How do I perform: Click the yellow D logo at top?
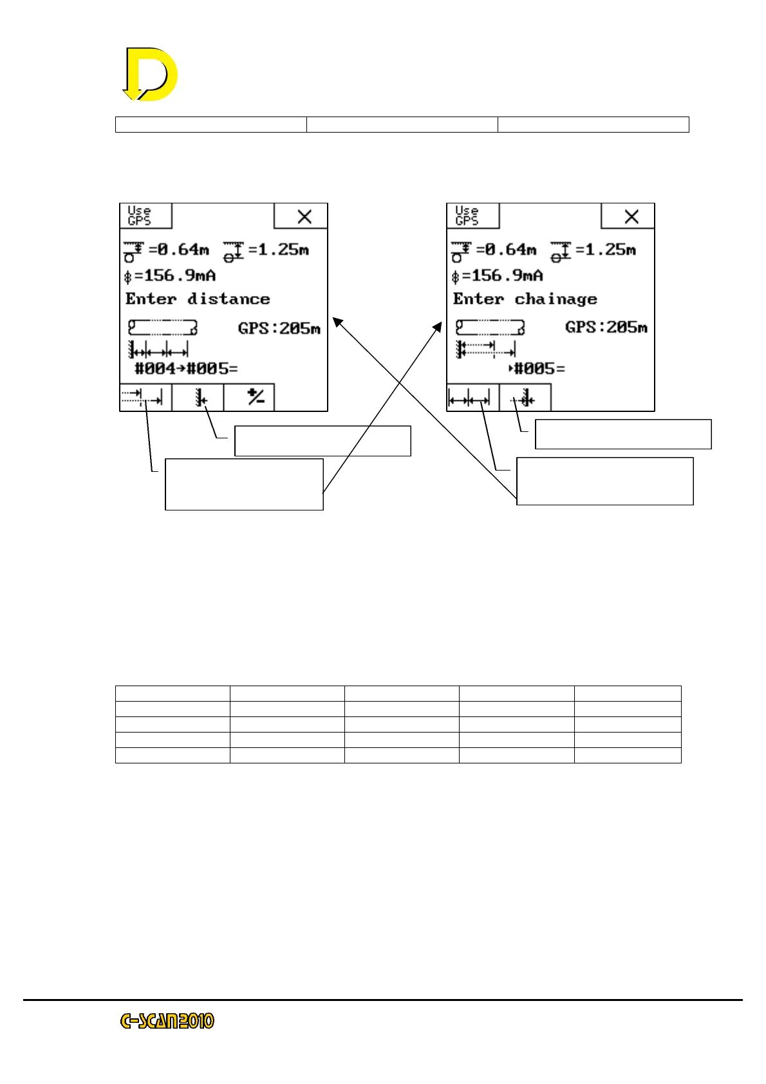click(x=151, y=74)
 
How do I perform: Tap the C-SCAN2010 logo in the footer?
click(x=167, y=1021)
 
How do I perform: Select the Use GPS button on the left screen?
click(x=145, y=216)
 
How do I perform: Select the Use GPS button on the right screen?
click(x=472, y=216)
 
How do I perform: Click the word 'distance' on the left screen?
click(x=229, y=299)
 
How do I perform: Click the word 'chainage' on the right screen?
click(x=556, y=299)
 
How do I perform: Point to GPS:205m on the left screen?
click(x=279, y=328)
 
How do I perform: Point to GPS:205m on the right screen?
click(x=606, y=327)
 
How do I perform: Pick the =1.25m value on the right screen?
click(x=605, y=249)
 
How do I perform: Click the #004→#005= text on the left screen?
click(x=185, y=368)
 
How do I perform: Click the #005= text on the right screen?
click(x=538, y=368)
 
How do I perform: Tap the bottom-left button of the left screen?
click(x=145, y=398)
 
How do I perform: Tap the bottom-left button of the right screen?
click(x=472, y=398)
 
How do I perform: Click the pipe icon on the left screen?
click(x=162, y=328)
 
